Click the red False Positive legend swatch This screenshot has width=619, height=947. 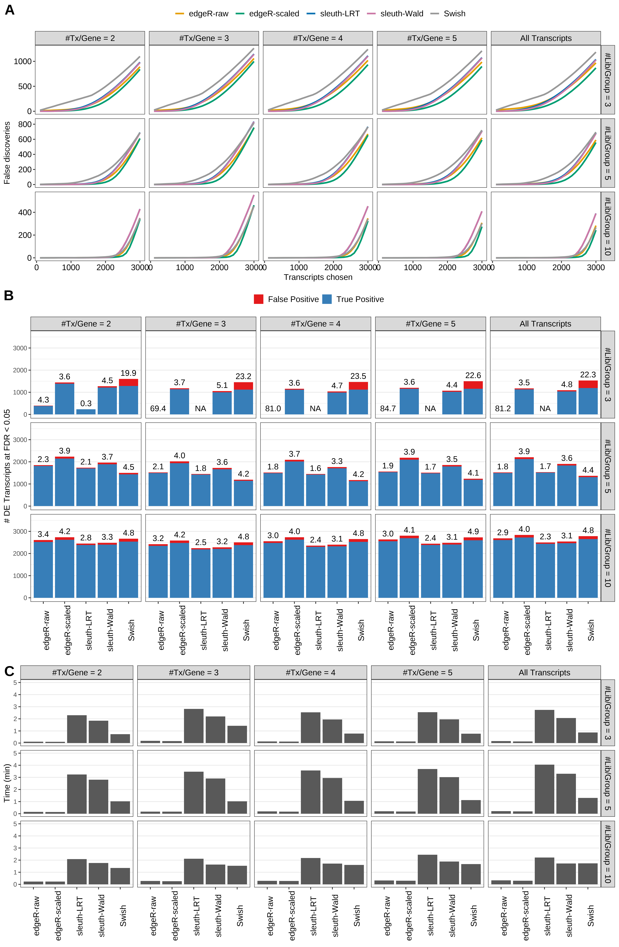click(x=259, y=299)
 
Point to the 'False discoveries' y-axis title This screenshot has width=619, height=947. click(x=7, y=153)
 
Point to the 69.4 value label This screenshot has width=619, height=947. click(x=158, y=409)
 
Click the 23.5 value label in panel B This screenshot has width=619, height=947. click(x=358, y=376)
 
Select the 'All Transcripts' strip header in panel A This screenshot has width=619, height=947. click(x=545, y=38)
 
